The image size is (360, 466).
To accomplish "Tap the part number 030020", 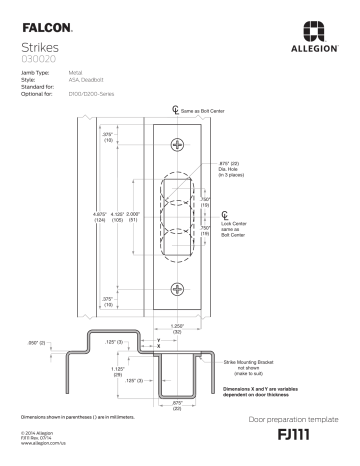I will [x=37, y=59].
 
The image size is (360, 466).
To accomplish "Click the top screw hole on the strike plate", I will [x=178, y=146].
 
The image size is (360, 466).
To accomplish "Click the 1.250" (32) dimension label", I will [x=178, y=327].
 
